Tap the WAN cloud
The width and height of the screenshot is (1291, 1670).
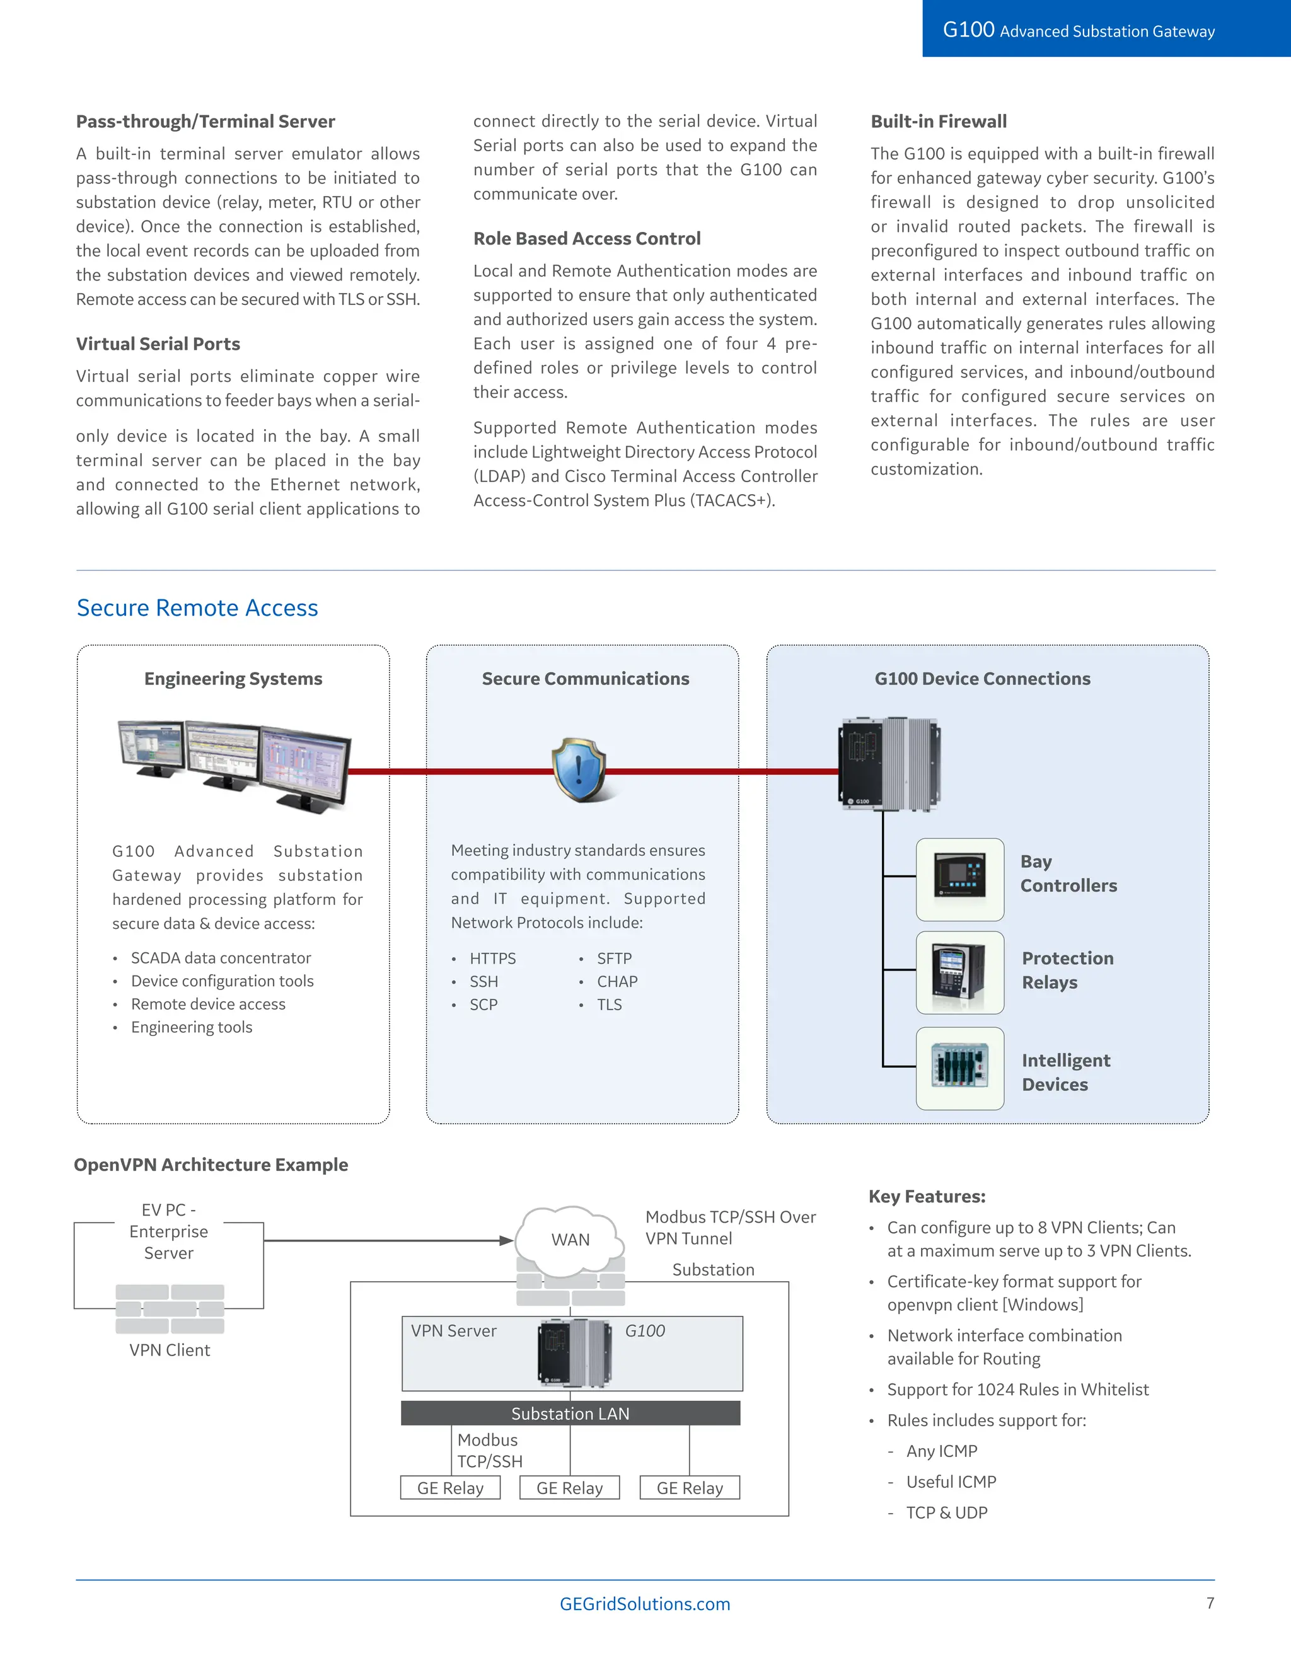570,1240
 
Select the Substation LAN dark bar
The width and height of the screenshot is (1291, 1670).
570,1413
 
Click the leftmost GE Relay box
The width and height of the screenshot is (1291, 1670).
451,1487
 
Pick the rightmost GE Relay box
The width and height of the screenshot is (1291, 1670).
690,1487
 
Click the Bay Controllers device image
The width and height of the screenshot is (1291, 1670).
960,878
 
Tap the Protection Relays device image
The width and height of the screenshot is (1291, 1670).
960,972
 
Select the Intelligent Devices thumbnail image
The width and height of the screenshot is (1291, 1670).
960,1068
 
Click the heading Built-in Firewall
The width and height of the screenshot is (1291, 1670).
939,122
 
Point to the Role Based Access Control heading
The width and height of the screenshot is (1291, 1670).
587,239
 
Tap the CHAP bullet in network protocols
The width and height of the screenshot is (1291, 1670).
617,981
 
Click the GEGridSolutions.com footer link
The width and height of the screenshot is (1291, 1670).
645,1603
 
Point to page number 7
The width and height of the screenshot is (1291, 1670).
1210,1603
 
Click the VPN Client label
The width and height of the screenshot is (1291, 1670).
169,1350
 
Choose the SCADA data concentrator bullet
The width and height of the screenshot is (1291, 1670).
220,957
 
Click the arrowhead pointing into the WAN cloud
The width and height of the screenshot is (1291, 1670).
506,1240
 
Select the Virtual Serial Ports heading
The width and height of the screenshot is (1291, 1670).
158,344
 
